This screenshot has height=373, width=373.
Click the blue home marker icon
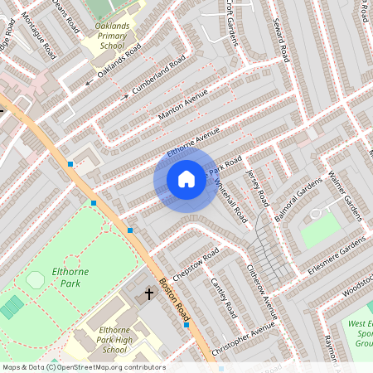186,178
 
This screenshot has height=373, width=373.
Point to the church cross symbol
150,293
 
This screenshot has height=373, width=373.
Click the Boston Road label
177,295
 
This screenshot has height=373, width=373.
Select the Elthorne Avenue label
193,142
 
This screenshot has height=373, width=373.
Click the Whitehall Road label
231,200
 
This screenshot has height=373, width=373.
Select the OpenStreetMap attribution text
83,367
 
